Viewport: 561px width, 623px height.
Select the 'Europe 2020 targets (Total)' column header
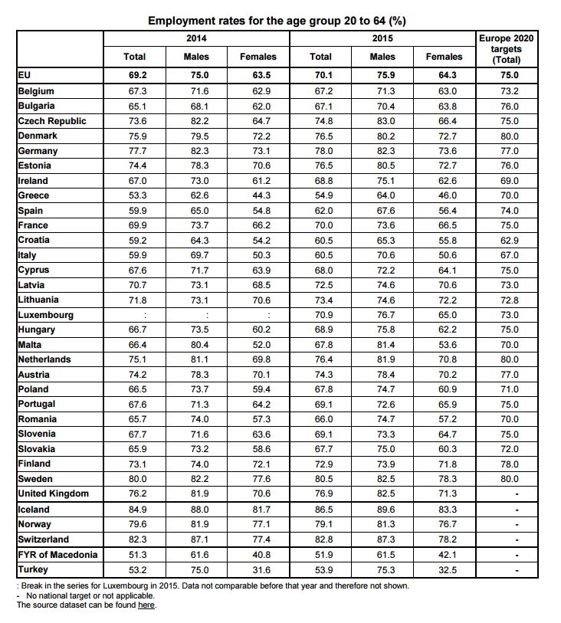506,48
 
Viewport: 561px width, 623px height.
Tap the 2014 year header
196,38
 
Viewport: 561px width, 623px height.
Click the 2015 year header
382,38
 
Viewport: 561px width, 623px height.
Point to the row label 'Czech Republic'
52,121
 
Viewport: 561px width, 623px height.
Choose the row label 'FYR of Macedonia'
57,555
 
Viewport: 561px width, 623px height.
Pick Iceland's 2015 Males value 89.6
382,510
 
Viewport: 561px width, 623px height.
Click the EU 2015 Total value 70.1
320,75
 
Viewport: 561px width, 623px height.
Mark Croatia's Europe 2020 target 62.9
509,241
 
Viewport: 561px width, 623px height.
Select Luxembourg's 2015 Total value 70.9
320,315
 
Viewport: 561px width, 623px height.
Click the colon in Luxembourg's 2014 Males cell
196,315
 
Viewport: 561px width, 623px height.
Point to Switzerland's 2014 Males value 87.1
196,539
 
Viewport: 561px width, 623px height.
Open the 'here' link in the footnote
146,605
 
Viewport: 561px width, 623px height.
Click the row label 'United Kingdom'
53,494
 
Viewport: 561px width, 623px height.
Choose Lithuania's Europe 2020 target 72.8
509,300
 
